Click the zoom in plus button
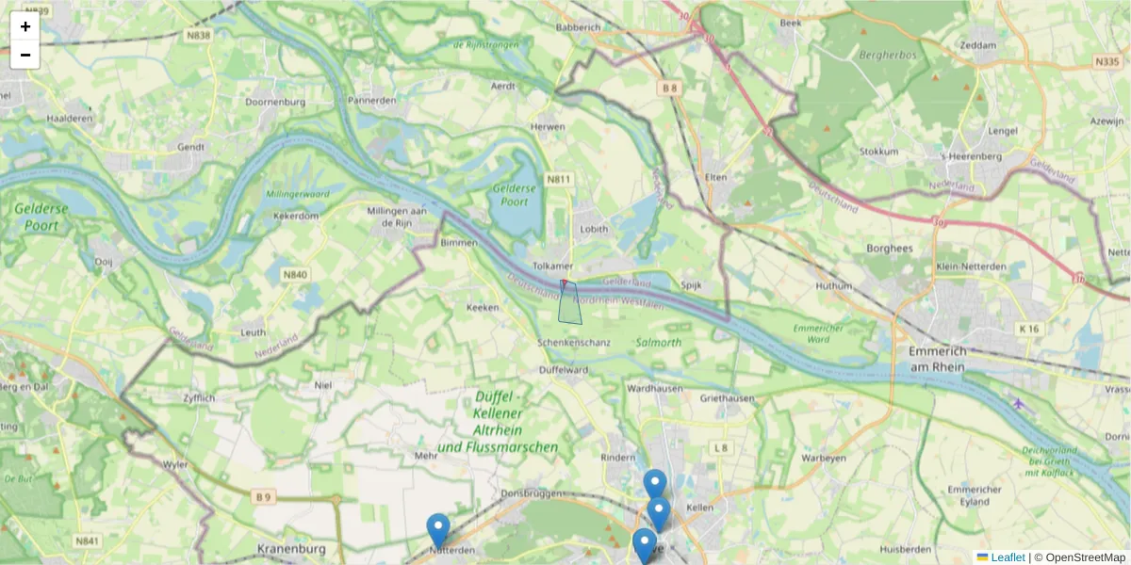(x=25, y=26)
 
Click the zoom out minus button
(x=25, y=55)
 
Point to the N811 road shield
(x=560, y=179)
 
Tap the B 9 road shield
(x=263, y=496)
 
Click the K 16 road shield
(x=1028, y=329)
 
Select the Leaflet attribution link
(x=1007, y=557)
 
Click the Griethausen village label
(x=728, y=398)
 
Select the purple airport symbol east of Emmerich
(x=1018, y=404)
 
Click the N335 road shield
(x=1107, y=61)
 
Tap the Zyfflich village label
(x=199, y=398)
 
